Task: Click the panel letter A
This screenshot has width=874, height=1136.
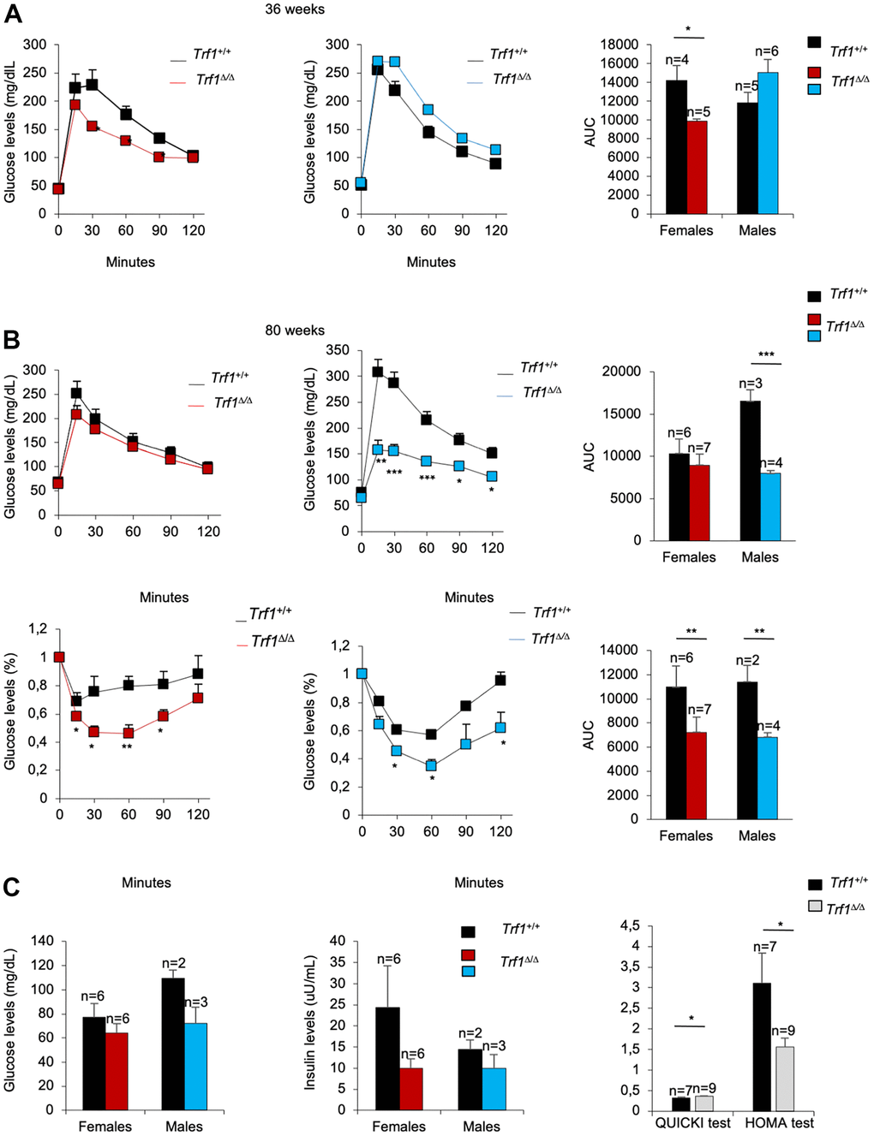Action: [x=12, y=14]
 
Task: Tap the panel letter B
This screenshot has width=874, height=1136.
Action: [x=12, y=339]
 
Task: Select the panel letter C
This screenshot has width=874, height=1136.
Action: [x=12, y=887]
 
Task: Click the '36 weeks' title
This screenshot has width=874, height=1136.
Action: [x=295, y=9]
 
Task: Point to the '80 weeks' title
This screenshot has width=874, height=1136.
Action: [x=295, y=330]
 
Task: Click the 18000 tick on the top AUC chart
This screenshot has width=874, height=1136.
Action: [x=620, y=45]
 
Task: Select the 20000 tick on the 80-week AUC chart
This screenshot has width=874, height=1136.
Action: [x=622, y=372]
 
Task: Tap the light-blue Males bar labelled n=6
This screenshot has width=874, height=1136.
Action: [x=768, y=143]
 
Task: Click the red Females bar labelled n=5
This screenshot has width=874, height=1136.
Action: [x=697, y=167]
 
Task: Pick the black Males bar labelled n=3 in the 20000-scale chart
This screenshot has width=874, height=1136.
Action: [x=751, y=470]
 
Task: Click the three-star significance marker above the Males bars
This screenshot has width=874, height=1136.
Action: [x=766, y=354]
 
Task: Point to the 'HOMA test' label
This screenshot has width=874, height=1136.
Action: [x=779, y=1123]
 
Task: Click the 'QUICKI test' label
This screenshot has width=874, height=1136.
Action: [x=693, y=1123]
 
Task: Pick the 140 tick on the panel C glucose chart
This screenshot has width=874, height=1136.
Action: [x=42, y=941]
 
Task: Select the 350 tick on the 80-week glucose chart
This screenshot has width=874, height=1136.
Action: [x=338, y=350]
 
